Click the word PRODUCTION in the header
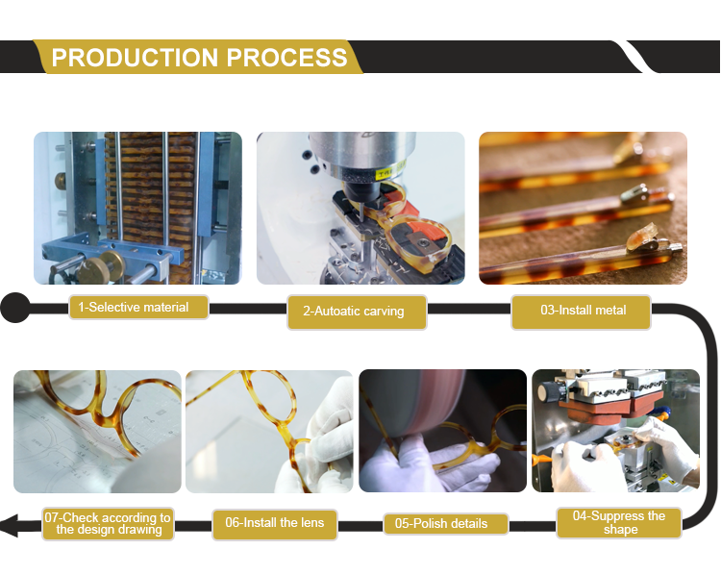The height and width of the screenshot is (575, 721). point(135,58)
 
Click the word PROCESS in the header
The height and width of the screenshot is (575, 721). point(286,58)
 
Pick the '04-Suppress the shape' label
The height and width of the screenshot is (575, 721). point(619,522)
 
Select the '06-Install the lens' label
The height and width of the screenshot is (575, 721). point(275,523)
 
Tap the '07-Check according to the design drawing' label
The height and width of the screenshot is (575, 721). point(108,523)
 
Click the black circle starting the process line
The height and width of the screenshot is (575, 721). point(15,308)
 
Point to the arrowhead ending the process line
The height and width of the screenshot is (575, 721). point(10,525)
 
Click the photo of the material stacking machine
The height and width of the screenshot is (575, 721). point(137,208)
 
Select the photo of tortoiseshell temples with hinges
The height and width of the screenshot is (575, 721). point(584,208)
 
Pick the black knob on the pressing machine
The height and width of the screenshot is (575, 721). point(549,392)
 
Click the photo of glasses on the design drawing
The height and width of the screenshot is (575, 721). point(97,432)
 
